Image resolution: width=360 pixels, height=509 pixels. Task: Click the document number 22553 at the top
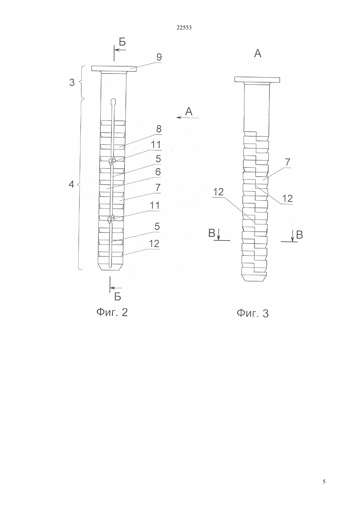coord(184,27)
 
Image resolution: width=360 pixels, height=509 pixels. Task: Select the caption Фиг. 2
coord(112,312)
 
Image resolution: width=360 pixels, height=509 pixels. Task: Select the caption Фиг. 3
coord(253,313)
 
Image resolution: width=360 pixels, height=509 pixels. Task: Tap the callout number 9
coord(159,57)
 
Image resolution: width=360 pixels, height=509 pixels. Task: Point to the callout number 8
coord(159,129)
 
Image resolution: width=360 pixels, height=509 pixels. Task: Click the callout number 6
coord(158,172)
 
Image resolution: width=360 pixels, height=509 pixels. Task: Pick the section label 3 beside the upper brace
coord(72,82)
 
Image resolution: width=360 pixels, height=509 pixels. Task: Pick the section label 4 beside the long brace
coord(71,184)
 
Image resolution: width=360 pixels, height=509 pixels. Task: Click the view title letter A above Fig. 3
coord(258,54)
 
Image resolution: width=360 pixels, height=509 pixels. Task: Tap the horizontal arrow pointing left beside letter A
coord(188,117)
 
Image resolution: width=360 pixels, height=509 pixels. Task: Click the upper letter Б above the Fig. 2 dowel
coord(122,42)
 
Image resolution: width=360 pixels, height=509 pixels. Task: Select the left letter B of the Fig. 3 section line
coord(212,233)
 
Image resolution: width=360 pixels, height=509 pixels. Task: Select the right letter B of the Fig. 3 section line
coord(299,235)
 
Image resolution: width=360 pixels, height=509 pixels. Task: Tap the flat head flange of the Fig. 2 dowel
coord(114,69)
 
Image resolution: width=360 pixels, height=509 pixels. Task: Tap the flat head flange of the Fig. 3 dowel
coord(257,80)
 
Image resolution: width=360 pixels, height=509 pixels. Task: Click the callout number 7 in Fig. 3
coord(287,162)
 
